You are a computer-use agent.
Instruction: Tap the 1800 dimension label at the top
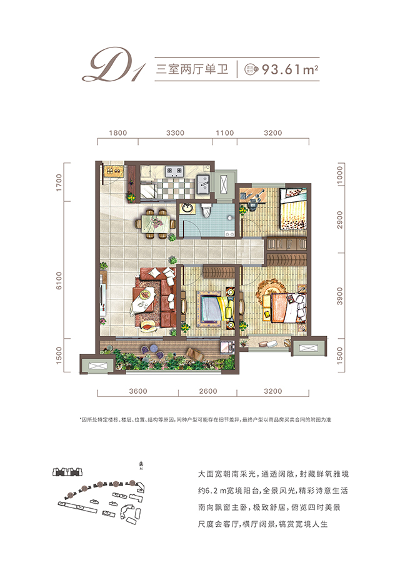pos(117,132)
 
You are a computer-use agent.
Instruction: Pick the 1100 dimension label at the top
pos(224,132)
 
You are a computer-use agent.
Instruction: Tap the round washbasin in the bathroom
pos(186,208)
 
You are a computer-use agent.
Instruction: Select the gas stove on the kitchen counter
pos(173,171)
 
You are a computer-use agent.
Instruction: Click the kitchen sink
pos(203,184)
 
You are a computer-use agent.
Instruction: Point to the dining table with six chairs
pos(154,220)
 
